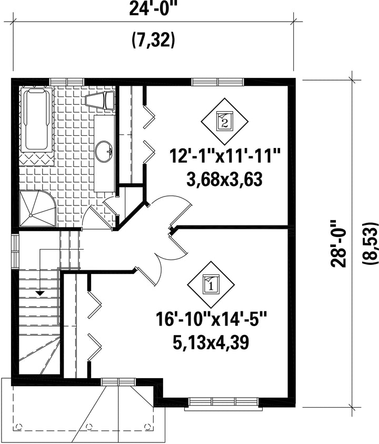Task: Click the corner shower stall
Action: click(x=38, y=209)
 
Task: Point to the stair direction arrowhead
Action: click(x=41, y=293)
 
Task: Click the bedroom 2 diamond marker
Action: click(x=225, y=121)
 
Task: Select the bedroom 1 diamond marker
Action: click(x=211, y=284)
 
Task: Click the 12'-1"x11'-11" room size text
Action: click(x=225, y=156)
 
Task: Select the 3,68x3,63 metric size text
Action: click(x=224, y=179)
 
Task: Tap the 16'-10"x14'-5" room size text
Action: click(x=211, y=319)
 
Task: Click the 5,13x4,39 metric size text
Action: click(x=211, y=342)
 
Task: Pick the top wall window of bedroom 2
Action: click(x=217, y=82)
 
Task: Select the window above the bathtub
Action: click(x=67, y=82)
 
